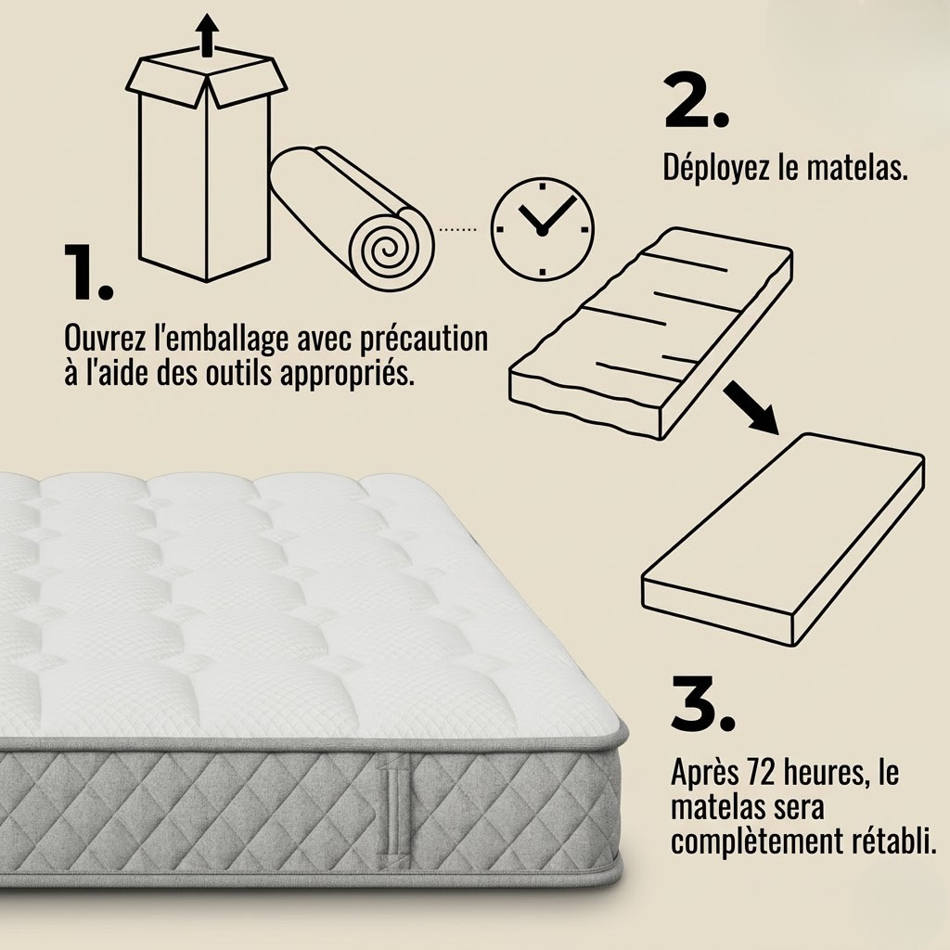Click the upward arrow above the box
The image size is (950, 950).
click(208, 35)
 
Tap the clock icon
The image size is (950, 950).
click(542, 227)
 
